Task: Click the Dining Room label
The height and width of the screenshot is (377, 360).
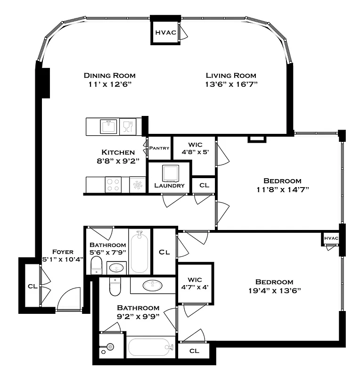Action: [110, 75]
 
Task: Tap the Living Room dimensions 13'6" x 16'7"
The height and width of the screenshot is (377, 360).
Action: [231, 84]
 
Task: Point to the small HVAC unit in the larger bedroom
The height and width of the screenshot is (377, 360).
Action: [331, 238]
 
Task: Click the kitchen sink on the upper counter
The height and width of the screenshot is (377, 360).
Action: [109, 126]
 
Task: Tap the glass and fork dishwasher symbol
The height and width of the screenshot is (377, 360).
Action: [127, 126]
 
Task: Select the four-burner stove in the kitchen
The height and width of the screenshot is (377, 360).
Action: [113, 184]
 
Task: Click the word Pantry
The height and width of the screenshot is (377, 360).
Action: [159, 148]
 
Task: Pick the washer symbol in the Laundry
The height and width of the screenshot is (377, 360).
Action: [170, 173]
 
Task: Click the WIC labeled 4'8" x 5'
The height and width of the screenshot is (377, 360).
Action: [194, 149]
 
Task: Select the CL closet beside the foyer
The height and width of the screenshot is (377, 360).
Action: [32, 286]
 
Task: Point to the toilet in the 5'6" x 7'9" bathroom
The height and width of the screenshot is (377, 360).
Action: [96, 265]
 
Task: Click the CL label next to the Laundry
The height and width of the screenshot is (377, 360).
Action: [204, 185]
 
